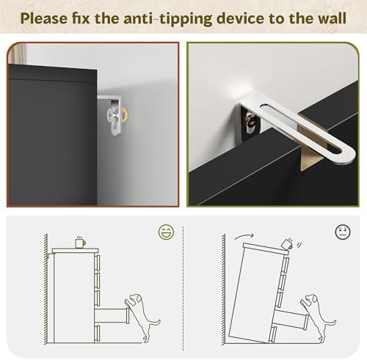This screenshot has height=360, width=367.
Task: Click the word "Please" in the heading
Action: point(44,18)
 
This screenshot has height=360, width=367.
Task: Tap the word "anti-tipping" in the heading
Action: point(168,19)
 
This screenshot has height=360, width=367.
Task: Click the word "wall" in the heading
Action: point(330,18)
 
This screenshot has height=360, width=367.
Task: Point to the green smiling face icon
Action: point(167,232)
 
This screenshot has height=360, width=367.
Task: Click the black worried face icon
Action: point(343,232)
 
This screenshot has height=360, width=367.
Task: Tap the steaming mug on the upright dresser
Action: point(80,242)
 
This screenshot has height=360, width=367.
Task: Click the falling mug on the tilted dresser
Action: point(288,244)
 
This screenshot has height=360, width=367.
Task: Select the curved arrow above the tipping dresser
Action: point(244,236)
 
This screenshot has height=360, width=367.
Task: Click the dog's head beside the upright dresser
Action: point(136,298)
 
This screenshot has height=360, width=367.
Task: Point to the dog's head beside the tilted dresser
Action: point(311,298)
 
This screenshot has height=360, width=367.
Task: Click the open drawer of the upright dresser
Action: point(112,315)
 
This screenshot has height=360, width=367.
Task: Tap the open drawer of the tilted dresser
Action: point(290,319)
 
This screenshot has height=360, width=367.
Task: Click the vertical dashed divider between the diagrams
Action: point(183,288)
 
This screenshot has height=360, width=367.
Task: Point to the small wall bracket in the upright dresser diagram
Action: point(50,254)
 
